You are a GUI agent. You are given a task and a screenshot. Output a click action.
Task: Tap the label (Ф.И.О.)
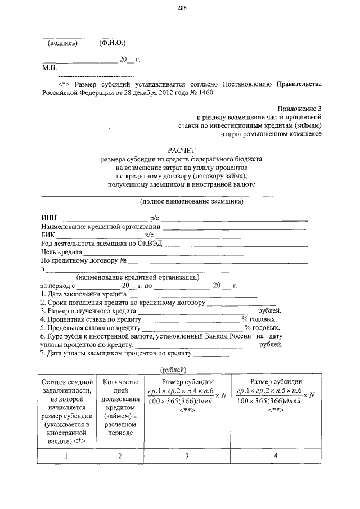tap(112, 43)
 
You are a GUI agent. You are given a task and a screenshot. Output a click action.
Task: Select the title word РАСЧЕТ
tap(181, 150)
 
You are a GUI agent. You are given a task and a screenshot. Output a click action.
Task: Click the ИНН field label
tap(49, 218)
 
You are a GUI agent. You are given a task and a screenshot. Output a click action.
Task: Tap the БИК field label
tap(49, 235)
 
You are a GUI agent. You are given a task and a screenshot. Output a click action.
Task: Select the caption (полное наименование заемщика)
tap(192, 201)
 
